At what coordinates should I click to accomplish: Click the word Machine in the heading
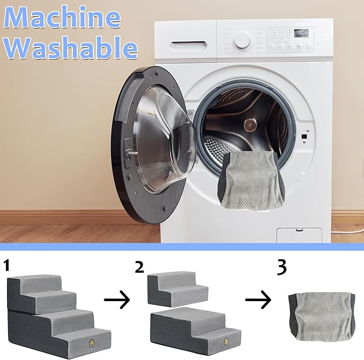[x=62, y=18]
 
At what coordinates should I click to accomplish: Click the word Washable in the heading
[x=71, y=48]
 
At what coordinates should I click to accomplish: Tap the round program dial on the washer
[x=242, y=40]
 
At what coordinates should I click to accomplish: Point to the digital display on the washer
[x=302, y=33]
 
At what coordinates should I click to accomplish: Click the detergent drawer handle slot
[x=189, y=44]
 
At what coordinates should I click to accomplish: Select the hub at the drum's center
[x=250, y=125]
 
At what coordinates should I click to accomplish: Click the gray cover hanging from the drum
[x=251, y=180]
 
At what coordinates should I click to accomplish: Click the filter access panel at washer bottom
[x=299, y=235]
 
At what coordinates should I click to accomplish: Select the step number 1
[x=7, y=266]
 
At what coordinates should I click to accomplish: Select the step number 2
[x=139, y=267]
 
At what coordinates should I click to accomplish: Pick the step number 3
[x=282, y=267]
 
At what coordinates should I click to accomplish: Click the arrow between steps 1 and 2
[x=117, y=299]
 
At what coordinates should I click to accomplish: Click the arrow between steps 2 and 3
[x=258, y=299]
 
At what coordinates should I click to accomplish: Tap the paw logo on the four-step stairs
[x=92, y=343]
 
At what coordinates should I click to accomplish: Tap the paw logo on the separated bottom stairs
[x=226, y=341]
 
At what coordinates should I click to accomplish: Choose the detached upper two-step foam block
[x=178, y=289]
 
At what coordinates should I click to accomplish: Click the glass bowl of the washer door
[x=165, y=139]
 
